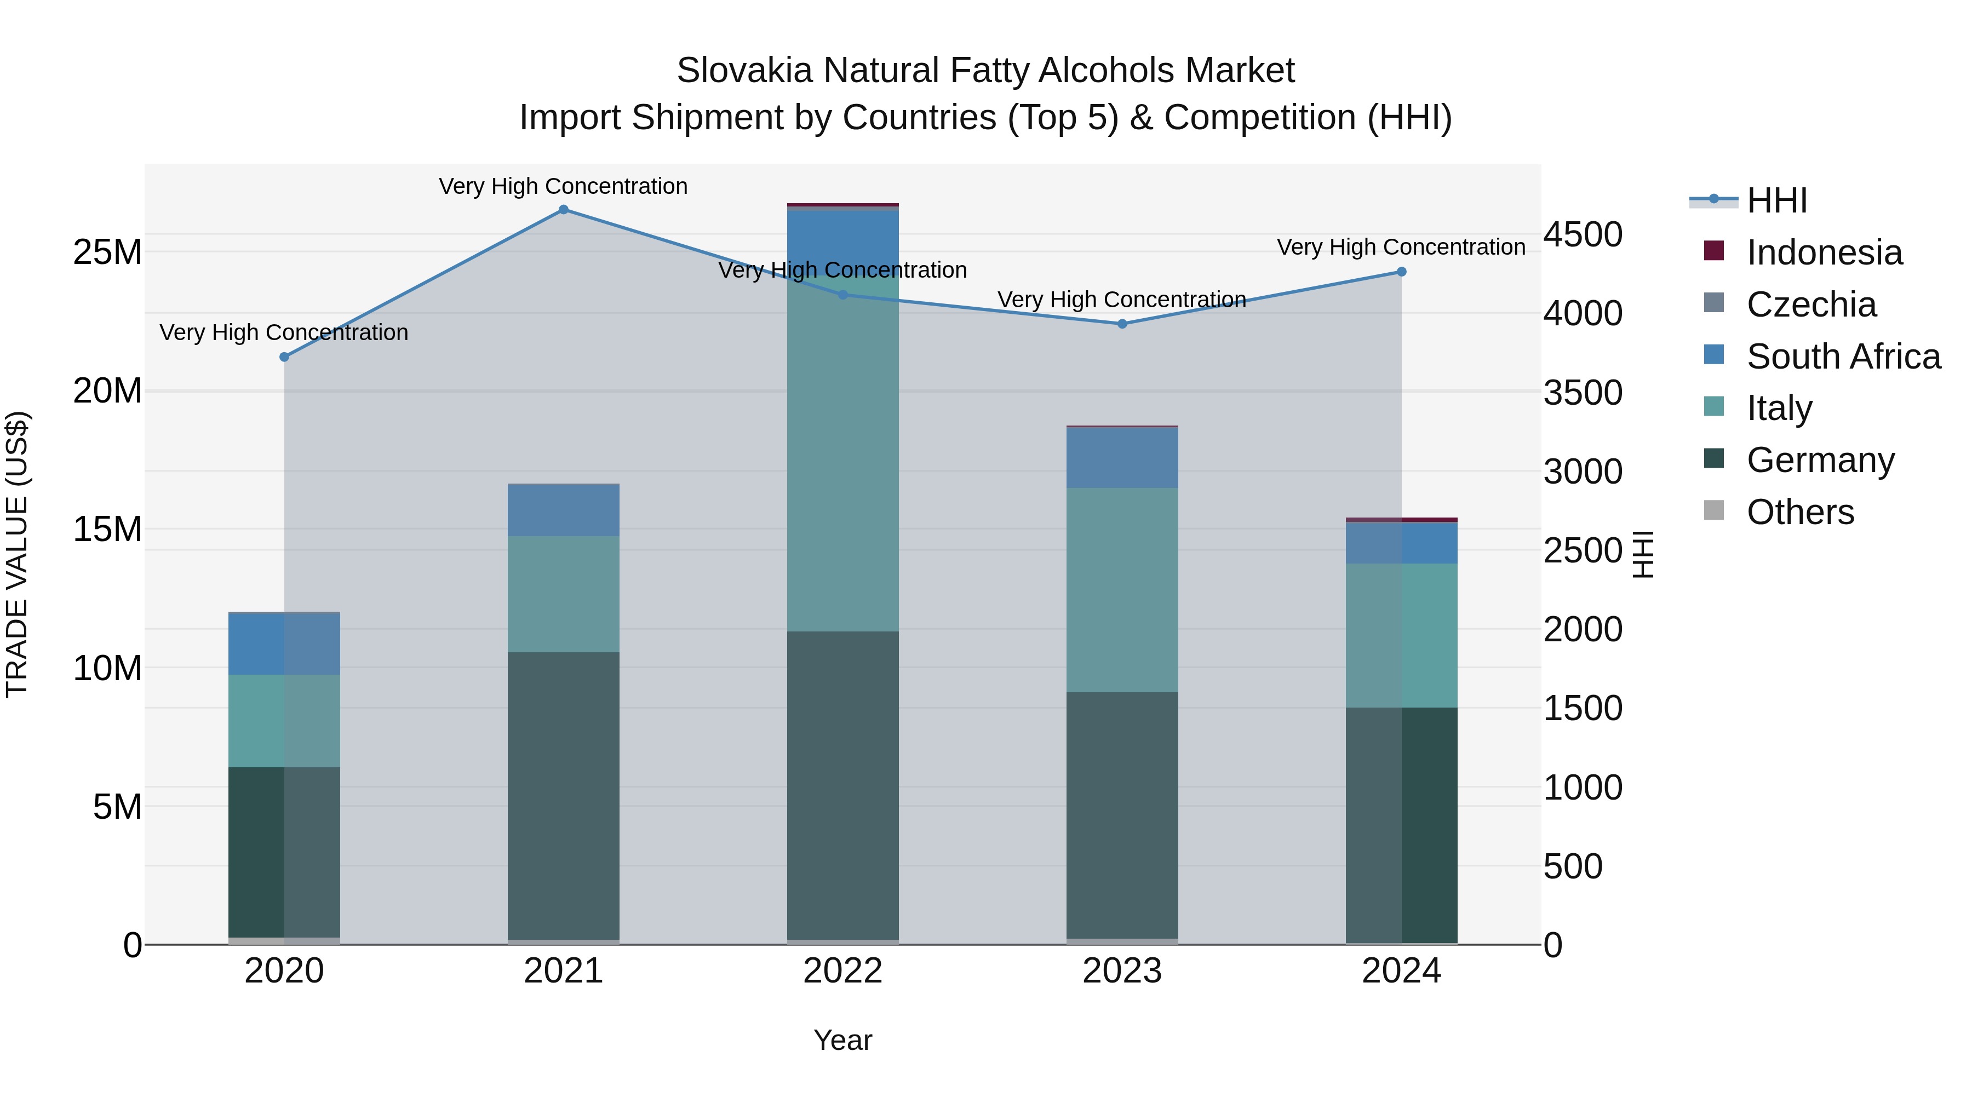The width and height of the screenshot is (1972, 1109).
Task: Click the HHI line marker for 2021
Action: click(564, 210)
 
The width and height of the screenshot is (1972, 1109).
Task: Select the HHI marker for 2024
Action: click(1402, 272)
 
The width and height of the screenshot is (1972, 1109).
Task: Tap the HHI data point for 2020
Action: click(284, 357)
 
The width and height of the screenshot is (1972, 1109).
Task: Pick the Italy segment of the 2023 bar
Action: click(1122, 589)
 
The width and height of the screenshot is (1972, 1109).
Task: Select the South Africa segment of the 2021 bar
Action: click(564, 510)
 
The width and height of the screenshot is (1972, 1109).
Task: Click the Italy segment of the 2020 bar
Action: click(284, 720)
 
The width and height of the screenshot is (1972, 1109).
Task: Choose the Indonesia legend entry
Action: click(1824, 252)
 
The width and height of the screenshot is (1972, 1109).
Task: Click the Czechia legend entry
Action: click(1812, 304)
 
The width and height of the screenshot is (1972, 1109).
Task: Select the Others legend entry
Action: click(1800, 512)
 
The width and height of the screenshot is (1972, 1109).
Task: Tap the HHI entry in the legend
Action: click(1777, 200)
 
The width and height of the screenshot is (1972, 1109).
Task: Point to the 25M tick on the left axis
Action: click(107, 252)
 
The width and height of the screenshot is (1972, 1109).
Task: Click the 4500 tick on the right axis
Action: click(1583, 234)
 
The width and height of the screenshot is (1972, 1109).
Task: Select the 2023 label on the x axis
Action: click(1122, 971)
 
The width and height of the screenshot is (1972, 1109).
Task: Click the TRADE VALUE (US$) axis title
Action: click(18, 554)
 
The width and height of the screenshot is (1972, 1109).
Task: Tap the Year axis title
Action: click(843, 1040)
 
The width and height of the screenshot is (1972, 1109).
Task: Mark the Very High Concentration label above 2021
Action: click(564, 186)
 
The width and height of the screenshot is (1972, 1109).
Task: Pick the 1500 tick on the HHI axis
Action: click(1583, 708)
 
